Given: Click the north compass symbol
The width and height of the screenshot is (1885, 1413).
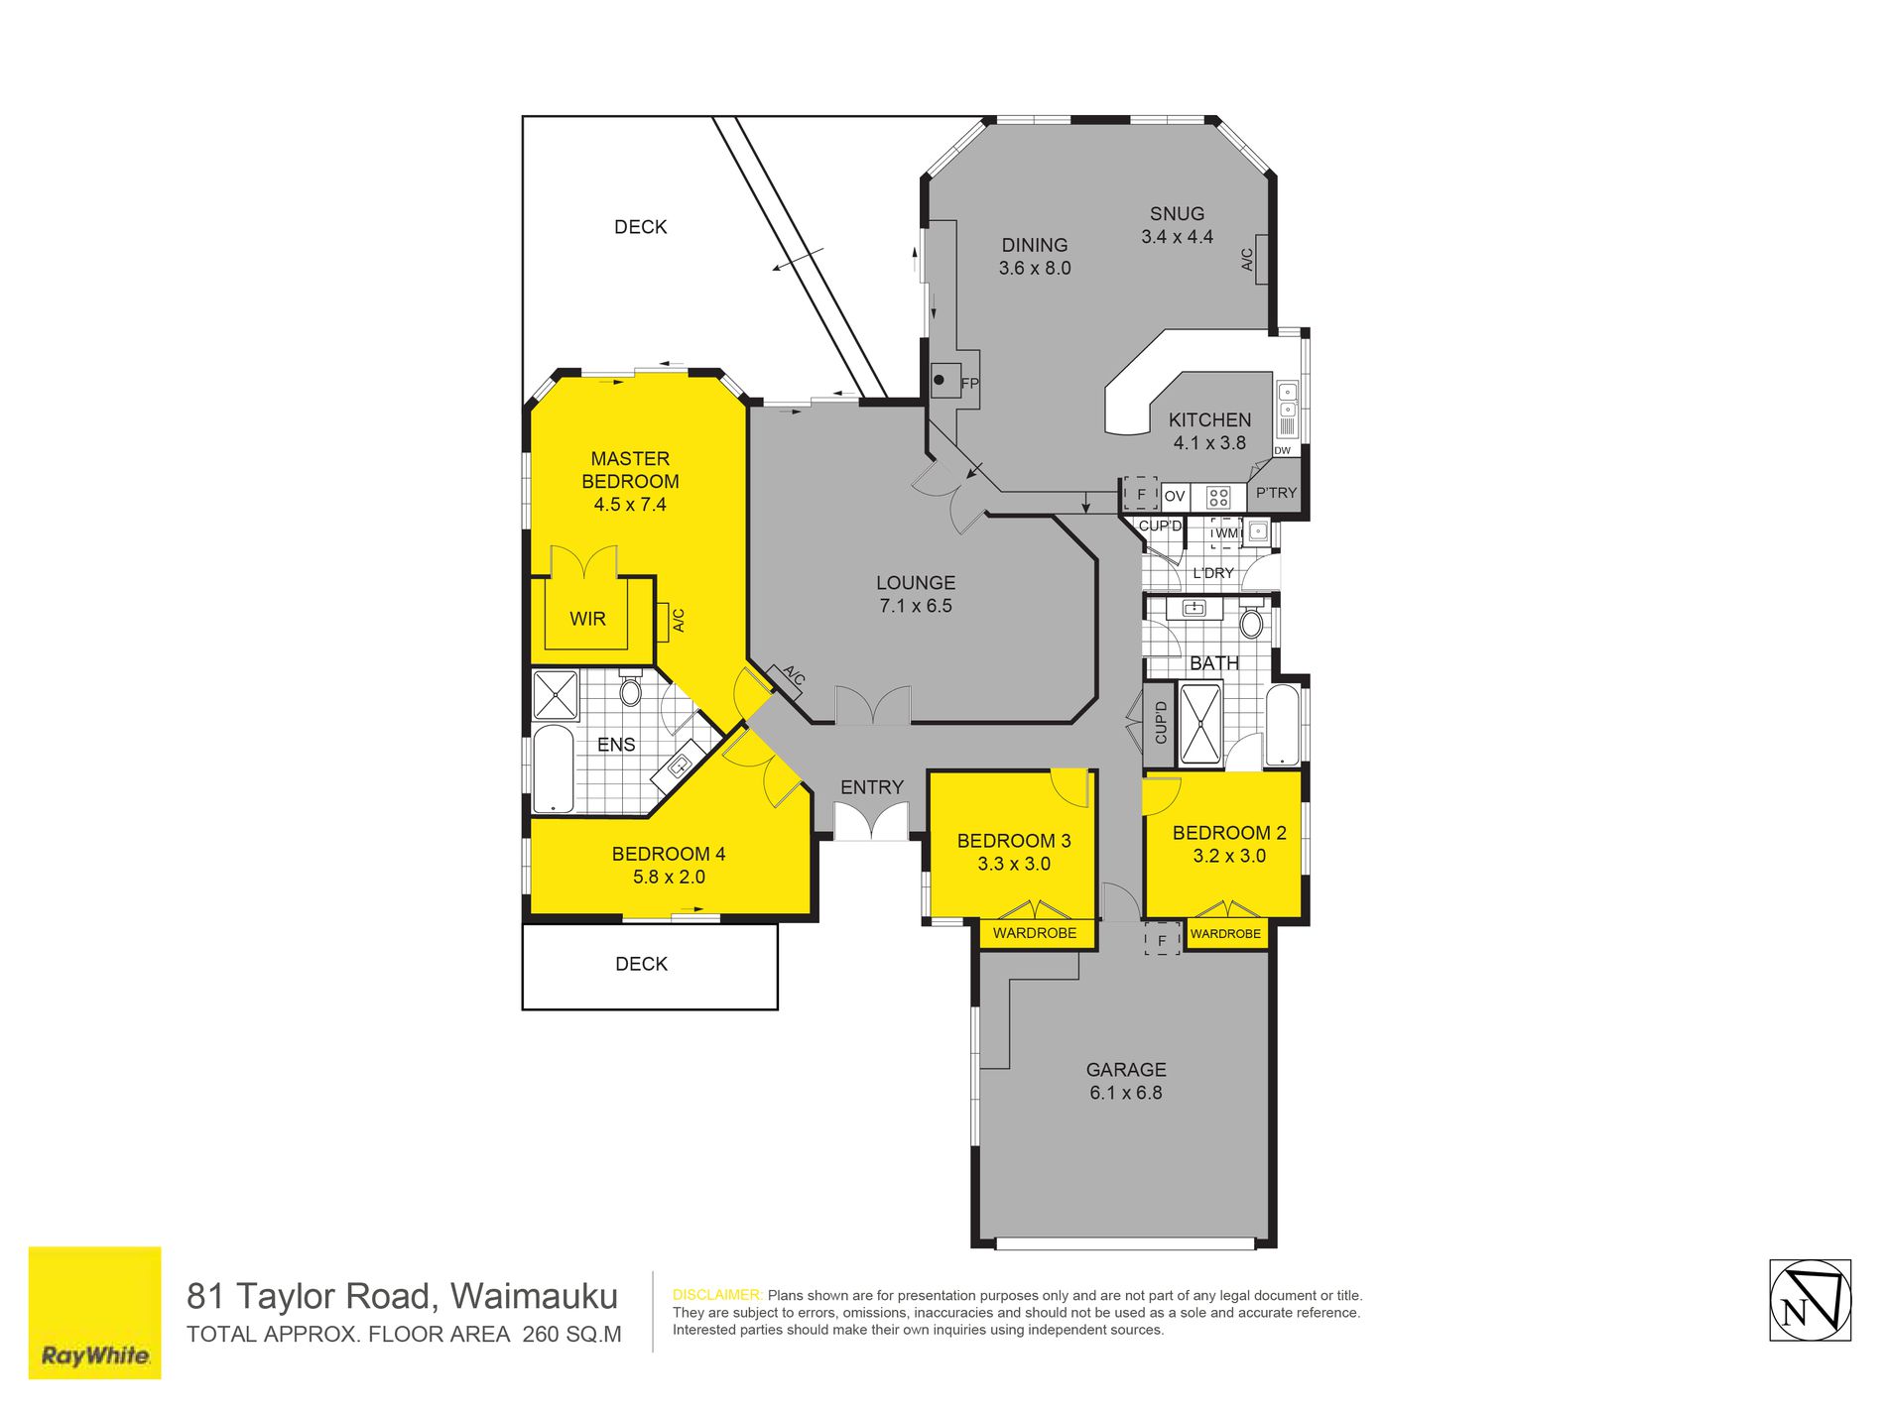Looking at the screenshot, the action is coord(1810,1300).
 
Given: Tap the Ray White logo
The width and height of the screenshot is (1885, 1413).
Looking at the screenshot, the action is coord(94,1312).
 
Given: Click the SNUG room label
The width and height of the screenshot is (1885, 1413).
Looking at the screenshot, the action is coord(1177,214).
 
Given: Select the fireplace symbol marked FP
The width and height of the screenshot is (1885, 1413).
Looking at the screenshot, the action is coord(946,380).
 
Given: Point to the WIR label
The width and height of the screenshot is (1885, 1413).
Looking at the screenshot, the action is coord(587,619).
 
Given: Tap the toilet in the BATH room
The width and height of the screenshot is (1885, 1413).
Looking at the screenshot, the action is coord(1252,621).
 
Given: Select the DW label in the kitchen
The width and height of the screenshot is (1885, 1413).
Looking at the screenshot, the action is coord(1283,450).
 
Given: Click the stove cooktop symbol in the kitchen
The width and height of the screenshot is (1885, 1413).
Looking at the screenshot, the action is coord(1218,496).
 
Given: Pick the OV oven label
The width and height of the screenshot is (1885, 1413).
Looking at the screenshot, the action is coord(1175,496).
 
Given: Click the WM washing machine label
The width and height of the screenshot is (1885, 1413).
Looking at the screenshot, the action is coord(1227,532).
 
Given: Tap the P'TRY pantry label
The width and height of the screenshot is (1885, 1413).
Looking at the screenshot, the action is coord(1276,493).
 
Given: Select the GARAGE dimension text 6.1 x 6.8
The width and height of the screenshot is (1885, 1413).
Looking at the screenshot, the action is coord(1126,1093).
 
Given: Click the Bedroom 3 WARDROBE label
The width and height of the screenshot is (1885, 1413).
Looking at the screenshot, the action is coord(1035,933).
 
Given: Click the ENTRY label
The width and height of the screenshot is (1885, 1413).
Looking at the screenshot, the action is coord(872,787).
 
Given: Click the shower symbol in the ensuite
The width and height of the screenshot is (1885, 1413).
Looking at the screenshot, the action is coord(556,695).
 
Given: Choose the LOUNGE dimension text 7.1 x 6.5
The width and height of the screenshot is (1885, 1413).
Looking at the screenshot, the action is coord(916,606).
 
